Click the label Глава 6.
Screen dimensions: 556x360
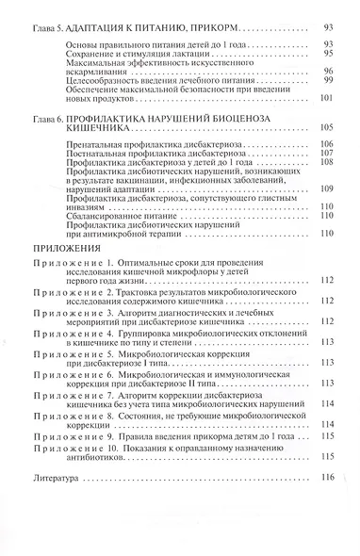point(48,120)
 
